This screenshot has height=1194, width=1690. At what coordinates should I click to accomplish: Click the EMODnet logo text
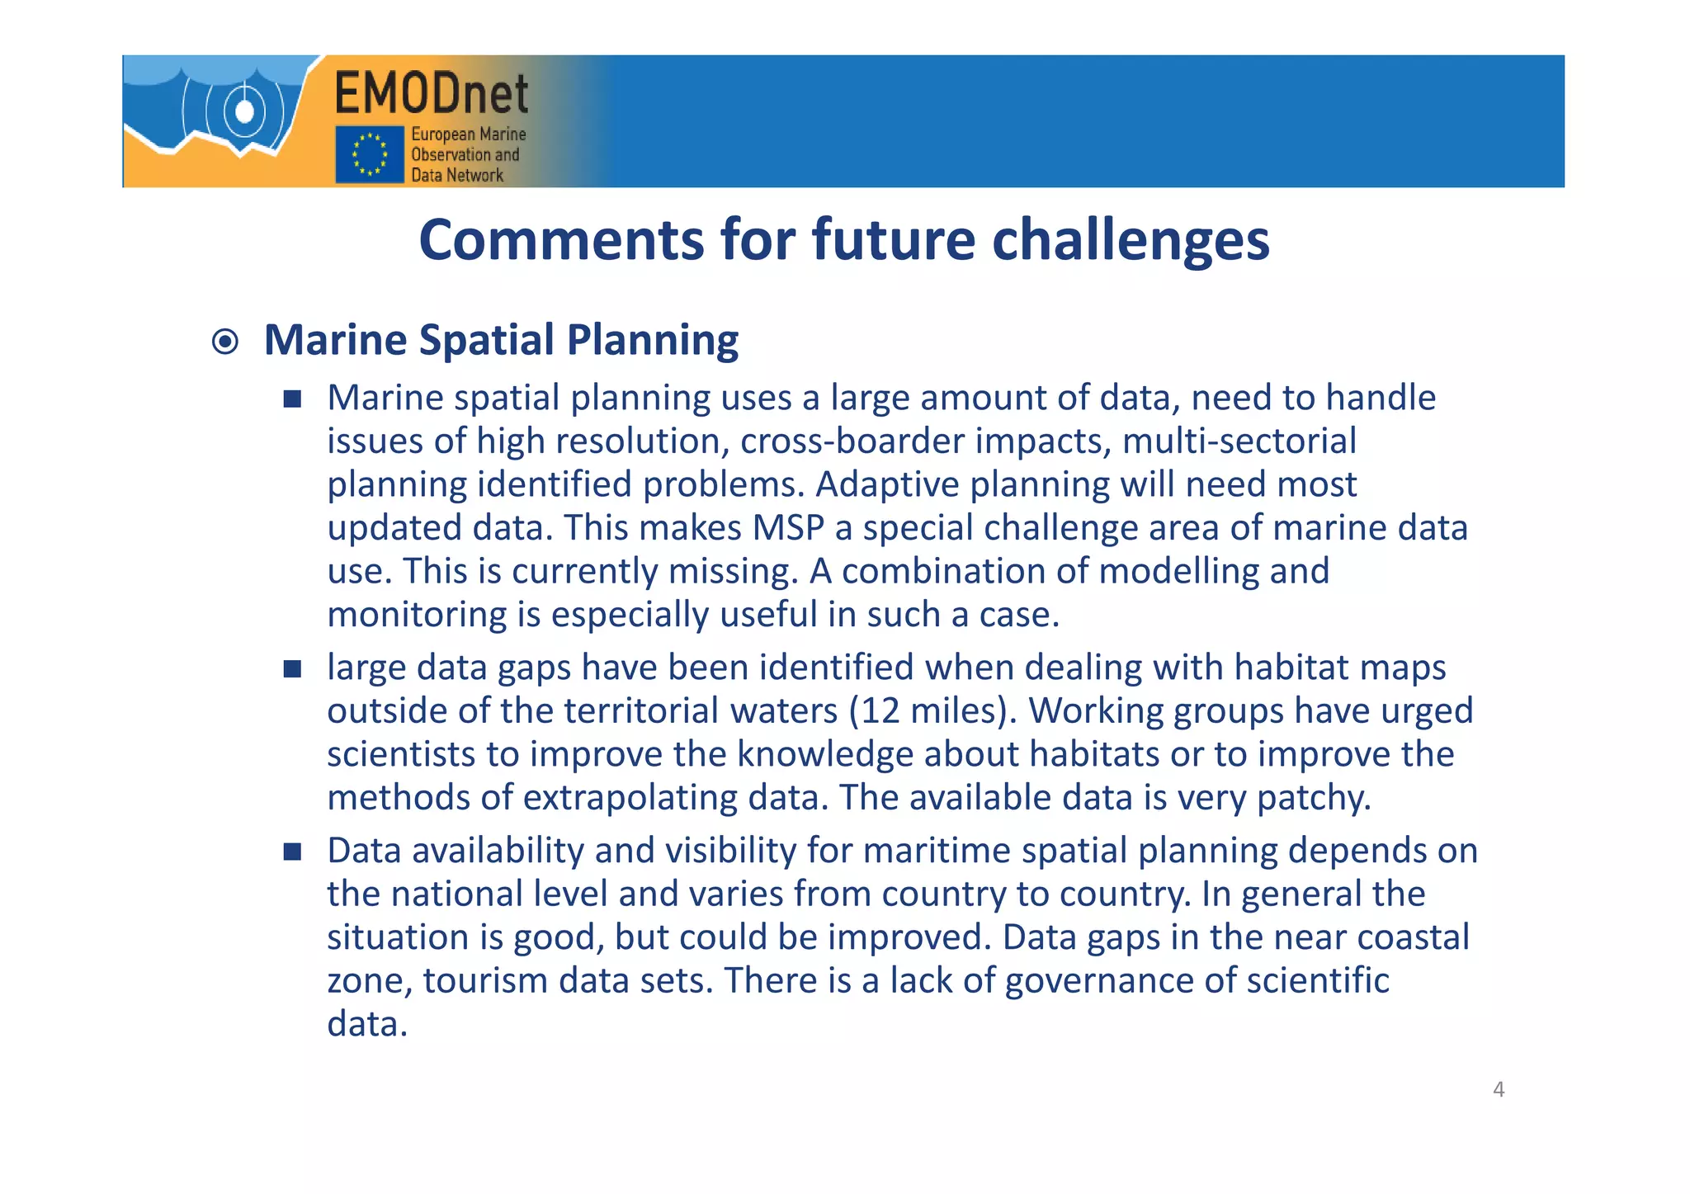(432, 93)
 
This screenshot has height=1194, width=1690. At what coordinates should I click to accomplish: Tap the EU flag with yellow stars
(369, 153)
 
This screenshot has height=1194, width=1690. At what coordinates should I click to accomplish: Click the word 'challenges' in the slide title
(1130, 240)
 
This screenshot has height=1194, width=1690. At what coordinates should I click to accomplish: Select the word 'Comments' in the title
(561, 240)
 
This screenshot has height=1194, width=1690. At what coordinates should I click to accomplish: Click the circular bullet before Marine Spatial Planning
(225, 342)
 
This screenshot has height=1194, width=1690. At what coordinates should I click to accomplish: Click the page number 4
(1499, 1090)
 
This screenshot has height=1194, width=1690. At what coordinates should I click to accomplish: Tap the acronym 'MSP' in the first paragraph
(788, 528)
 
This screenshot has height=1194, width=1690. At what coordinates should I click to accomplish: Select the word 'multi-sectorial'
(1239, 441)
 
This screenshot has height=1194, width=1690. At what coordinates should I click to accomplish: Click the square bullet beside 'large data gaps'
(292, 668)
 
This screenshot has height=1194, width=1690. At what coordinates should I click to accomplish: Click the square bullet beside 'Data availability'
(292, 852)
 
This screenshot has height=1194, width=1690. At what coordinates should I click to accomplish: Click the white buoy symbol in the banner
(244, 111)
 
